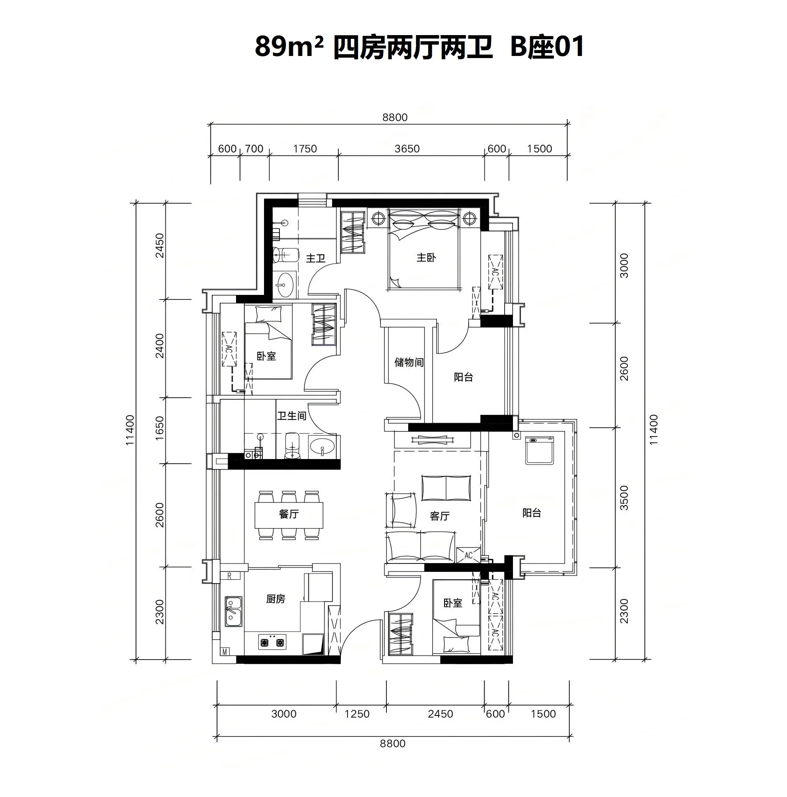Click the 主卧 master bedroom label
tap(426, 258)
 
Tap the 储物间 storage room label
tap(409, 362)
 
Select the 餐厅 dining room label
tap(289, 514)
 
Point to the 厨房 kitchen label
tap(276, 599)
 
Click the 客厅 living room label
tap(439, 516)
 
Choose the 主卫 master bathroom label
tap(315, 258)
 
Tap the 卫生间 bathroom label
tap(292, 416)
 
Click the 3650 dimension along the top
tap(407, 149)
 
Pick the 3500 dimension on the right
tap(624, 497)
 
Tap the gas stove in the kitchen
tap(272, 642)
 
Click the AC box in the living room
tap(468, 555)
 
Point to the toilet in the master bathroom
tap(285, 254)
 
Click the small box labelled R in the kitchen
tap(230, 576)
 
